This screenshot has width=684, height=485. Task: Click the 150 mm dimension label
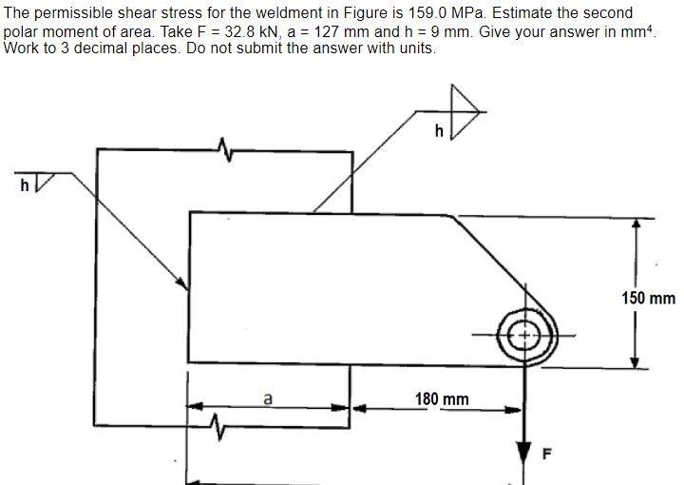[649, 299]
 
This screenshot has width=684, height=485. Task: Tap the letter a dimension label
[268, 400]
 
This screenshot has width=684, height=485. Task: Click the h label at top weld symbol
[438, 132]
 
